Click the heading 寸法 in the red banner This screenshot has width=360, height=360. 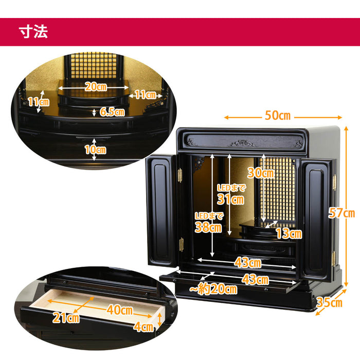[33, 31]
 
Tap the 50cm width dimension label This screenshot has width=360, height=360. [278, 115]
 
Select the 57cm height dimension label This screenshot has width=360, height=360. [341, 212]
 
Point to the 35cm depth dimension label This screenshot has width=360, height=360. [329, 302]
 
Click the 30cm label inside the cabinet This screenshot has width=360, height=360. [261, 173]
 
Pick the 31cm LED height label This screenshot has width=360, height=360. [230, 199]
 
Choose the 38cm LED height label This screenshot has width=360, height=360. [208, 227]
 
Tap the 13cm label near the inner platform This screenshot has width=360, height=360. [289, 233]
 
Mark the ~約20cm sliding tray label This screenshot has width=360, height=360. [213, 289]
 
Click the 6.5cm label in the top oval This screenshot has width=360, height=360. [112, 112]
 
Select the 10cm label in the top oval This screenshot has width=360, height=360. [96, 150]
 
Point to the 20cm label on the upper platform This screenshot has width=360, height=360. [96, 87]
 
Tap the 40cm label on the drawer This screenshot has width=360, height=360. [120, 310]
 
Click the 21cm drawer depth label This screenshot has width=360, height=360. [66, 318]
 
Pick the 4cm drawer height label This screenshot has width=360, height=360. [143, 327]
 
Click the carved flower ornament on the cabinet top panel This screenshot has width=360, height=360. [242, 143]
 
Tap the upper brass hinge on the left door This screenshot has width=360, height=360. [180, 175]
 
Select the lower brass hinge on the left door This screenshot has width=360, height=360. [181, 245]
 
